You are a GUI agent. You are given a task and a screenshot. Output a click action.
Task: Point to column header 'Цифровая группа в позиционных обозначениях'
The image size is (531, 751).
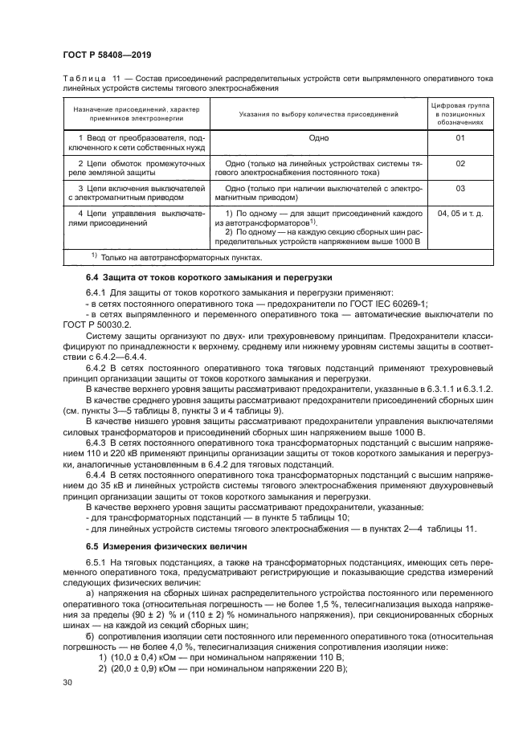click(x=460, y=114)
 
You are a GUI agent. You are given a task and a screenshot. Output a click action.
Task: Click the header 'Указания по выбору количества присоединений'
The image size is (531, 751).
click(x=319, y=114)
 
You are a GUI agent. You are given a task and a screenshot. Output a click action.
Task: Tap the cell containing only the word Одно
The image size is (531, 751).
click(x=319, y=138)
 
